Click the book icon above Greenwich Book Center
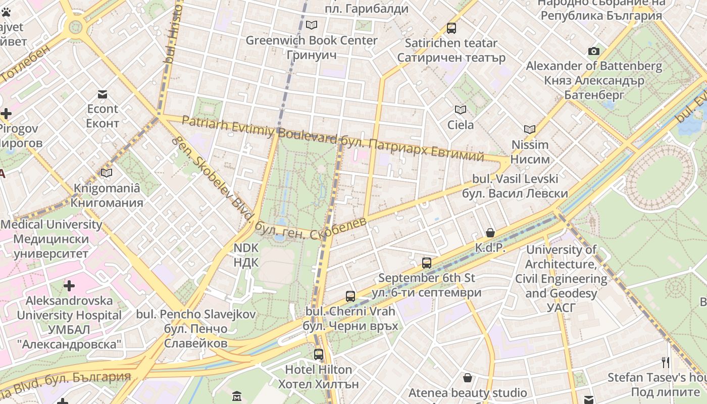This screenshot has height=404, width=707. pos(312,25)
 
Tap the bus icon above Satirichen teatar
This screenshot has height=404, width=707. pos(451,28)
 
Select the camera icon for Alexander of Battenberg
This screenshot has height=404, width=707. pos(594,51)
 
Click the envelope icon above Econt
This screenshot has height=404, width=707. pos(103,94)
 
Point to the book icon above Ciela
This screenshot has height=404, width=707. pos(460,110)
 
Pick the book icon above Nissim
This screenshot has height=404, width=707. pos(529,130)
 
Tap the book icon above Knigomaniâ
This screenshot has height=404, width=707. pos(107,173)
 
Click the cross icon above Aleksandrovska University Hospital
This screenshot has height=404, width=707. pos(69,286)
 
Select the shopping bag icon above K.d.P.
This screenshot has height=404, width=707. pos(490,233)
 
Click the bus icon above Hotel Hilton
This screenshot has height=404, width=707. pos(318,355)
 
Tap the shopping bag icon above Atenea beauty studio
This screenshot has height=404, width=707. pos(468,378)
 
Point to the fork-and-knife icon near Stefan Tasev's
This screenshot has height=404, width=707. pos(665,362)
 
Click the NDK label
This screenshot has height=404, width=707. pos(246,255)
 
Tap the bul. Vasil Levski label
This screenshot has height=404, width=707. pos(515,186)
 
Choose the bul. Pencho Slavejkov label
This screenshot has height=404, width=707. pos(196,329)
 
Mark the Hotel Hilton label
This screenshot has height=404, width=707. pos(318,377)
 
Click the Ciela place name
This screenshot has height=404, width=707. pos(461,125)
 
